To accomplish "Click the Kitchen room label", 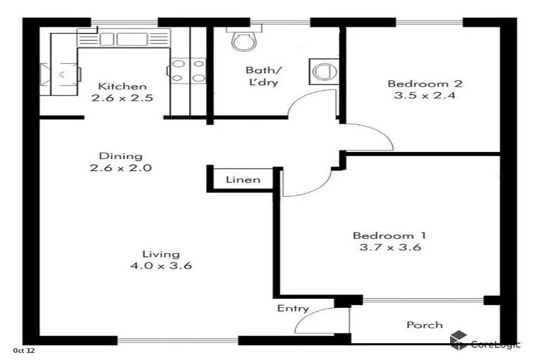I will point(122,86).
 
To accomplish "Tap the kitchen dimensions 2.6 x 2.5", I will point(122,98).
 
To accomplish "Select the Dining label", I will point(120,156).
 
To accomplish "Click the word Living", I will point(161,254).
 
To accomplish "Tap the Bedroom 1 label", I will point(389,235).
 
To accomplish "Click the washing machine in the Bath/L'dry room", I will point(323,71).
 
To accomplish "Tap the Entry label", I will point(292,309).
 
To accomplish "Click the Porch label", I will point(425,325).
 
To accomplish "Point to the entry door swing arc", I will point(309,320).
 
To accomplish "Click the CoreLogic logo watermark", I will point(486,342).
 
